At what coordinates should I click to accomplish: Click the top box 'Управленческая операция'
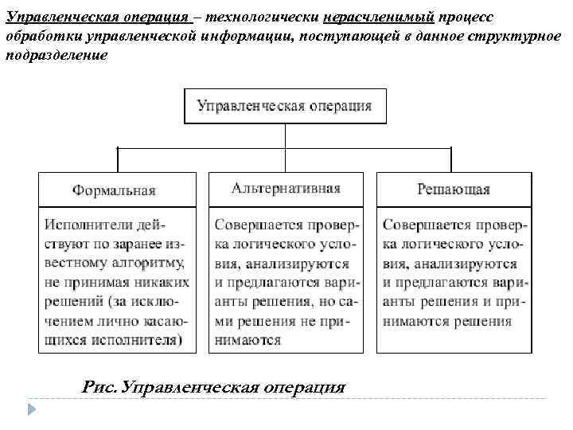click(285, 106)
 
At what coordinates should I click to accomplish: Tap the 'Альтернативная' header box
click(286, 189)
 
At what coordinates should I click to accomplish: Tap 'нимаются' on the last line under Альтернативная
click(248, 340)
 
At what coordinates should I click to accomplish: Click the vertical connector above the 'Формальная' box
click(119, 159)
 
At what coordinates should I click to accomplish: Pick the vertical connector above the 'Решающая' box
click(452, 159)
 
